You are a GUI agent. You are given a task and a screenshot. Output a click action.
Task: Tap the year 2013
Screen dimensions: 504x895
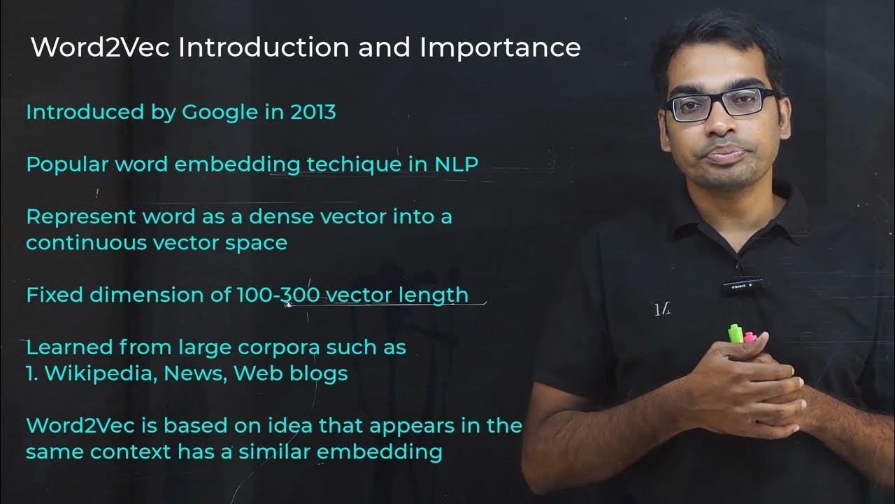[313, 112]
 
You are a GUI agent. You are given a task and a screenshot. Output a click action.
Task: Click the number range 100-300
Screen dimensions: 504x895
[279, 295]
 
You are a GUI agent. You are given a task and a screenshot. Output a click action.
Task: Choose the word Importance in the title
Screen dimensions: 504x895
[500, 48]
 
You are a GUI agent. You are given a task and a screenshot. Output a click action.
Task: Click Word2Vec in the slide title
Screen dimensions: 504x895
[100, 48]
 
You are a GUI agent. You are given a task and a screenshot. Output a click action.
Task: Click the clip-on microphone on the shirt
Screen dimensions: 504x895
[742, 286]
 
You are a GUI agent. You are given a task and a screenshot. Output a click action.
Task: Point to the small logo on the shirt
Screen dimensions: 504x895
[661, 309]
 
